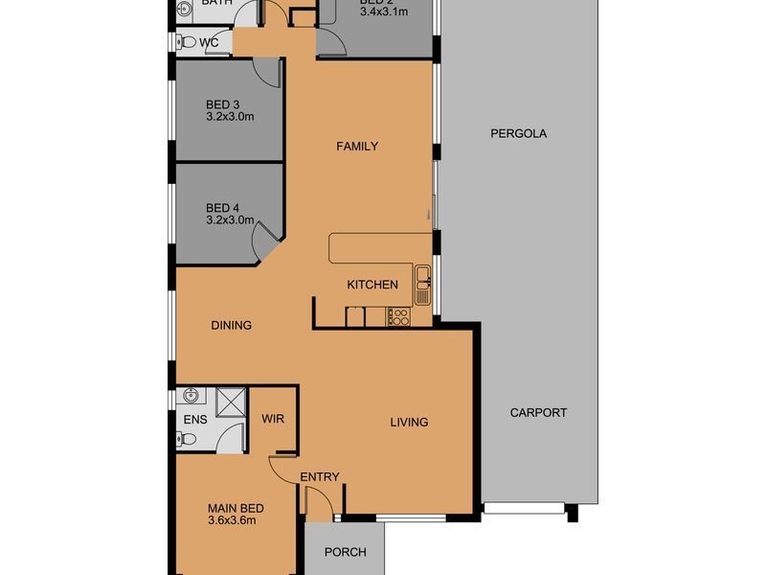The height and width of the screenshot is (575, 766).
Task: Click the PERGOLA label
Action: pos(518,134)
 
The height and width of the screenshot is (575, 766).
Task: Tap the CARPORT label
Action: pos(538,413)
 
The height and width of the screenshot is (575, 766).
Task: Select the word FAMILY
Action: pos(356,147)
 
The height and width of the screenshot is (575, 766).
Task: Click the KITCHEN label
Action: pos(372,285)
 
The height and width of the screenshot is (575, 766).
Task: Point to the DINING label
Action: pos(231,326)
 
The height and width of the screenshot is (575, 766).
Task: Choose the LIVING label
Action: pos(408,422)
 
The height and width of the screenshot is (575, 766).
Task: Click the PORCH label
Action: pos(345,552)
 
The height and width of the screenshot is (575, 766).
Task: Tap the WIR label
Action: pos(273,419)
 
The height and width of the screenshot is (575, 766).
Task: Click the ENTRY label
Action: pos(319,477)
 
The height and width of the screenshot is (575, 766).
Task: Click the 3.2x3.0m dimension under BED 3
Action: pos(230,117)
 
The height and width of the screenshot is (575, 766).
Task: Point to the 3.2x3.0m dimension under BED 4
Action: pos(230,219)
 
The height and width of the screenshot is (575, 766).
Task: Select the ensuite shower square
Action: pos(232,402)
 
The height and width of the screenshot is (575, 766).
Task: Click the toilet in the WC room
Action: pos(187,41)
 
